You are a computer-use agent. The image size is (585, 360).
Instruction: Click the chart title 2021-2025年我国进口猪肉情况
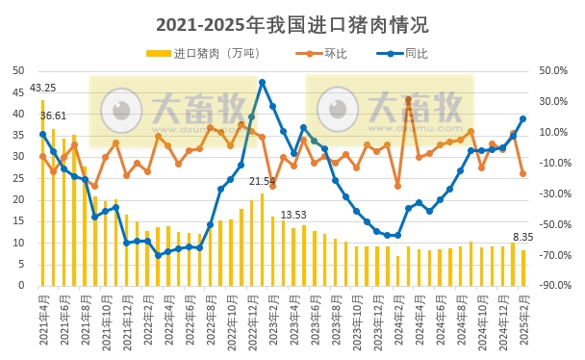(x=292, y=24)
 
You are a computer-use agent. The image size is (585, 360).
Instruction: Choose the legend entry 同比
(x=415, y=53)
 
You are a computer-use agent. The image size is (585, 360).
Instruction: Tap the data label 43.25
(x=42, y=89)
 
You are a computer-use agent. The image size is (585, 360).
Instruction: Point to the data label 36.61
(x=54, y=116)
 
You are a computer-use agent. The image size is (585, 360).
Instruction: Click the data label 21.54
(x=262, y=181)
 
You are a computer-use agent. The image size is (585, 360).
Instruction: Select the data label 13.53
(x=293, y=215)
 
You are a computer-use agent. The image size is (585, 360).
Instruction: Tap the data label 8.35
(x=522, y=237)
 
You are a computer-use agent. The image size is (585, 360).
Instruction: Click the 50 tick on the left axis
(x=17, y=70)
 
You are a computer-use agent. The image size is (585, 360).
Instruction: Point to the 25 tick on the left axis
(x=17, y=178)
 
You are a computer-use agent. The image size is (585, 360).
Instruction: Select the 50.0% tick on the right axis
(x=554, y=70)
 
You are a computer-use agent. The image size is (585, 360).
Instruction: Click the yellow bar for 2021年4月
(x=42, y=193)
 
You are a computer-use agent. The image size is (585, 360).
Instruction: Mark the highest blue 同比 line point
(x=262, y=83)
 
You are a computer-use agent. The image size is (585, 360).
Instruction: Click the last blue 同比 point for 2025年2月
(x=522, y=119)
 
